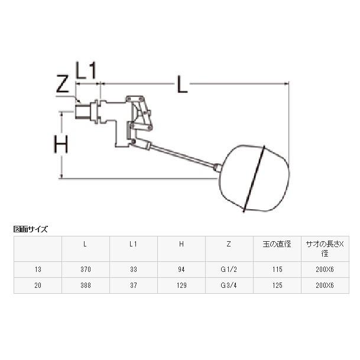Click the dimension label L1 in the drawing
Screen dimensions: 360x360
pos(86,72)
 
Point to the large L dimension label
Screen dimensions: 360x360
pos(182,86)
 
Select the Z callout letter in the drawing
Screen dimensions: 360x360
pos(63,86)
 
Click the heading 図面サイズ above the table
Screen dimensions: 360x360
pos(30,229)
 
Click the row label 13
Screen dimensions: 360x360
pos(38,269)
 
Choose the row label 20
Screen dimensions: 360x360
pos(38,284)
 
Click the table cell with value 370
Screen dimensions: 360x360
pos(86,269)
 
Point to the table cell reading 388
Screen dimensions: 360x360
pos(86,284)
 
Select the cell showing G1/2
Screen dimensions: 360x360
pos(229,269)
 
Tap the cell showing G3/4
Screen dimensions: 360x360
pos(229,284)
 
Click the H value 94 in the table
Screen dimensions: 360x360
pos(181,269)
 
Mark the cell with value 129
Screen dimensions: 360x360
pos(181,284)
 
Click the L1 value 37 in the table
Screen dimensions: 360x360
pos(134,284)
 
